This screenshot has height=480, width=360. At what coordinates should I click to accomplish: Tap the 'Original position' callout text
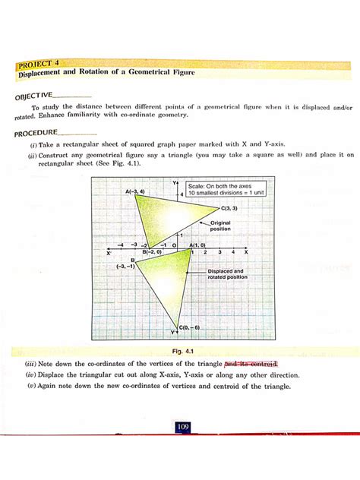pyautogui.click(x=220, y=226)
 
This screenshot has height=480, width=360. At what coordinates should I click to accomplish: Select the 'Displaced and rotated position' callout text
pyautogui.click(x=227, y=274)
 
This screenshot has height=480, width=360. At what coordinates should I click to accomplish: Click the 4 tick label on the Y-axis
pyautogui.click(x=182, y=194)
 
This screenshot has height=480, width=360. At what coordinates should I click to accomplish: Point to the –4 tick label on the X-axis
pyautogui.click(x=121, y=245)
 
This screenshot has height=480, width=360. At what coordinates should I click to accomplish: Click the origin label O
pyautogui.click(x=175, y=245)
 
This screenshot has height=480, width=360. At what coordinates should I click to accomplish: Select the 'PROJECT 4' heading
pyautogui.click(x=38, y=64)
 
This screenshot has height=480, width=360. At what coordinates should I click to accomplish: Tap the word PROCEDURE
pyautogui.click(x=36, y=133)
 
